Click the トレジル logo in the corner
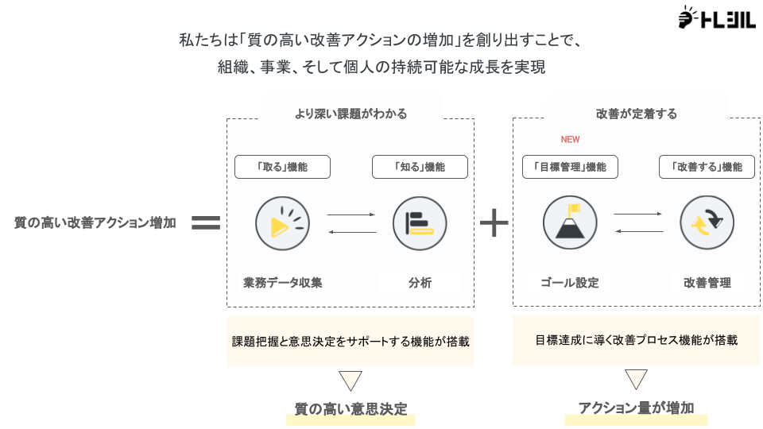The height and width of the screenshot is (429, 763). tap(716, 18)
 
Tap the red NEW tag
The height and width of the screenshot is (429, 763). tap(570, 140)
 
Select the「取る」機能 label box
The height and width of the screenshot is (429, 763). tap(282, 167)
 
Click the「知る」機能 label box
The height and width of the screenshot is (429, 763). tap(420, 167)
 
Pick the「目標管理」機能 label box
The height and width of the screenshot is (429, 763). tap(570, 167)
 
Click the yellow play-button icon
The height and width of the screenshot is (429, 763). tap(282, 223)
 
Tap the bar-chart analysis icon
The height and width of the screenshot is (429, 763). tap(420, 223)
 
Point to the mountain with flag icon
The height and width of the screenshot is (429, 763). tap(570, 223)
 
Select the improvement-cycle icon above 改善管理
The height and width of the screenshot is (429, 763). tap(707, 223)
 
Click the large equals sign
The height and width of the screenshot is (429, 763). tap(206, 223)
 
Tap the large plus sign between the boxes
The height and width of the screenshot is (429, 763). tap(494, 223)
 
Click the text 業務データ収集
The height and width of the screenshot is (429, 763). tap(282, 283)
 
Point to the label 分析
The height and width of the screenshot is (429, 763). tap(420, 283)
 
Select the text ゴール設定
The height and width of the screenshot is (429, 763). tap(570, 283)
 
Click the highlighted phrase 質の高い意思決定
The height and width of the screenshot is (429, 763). tap(351, 410)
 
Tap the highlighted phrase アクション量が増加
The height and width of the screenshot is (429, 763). tap(636, 408)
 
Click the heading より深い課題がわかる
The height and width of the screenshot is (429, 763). tap(351, 114)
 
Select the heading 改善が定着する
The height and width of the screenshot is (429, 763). tap(636, 114)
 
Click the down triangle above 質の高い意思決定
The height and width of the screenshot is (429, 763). tap(351, 380)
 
